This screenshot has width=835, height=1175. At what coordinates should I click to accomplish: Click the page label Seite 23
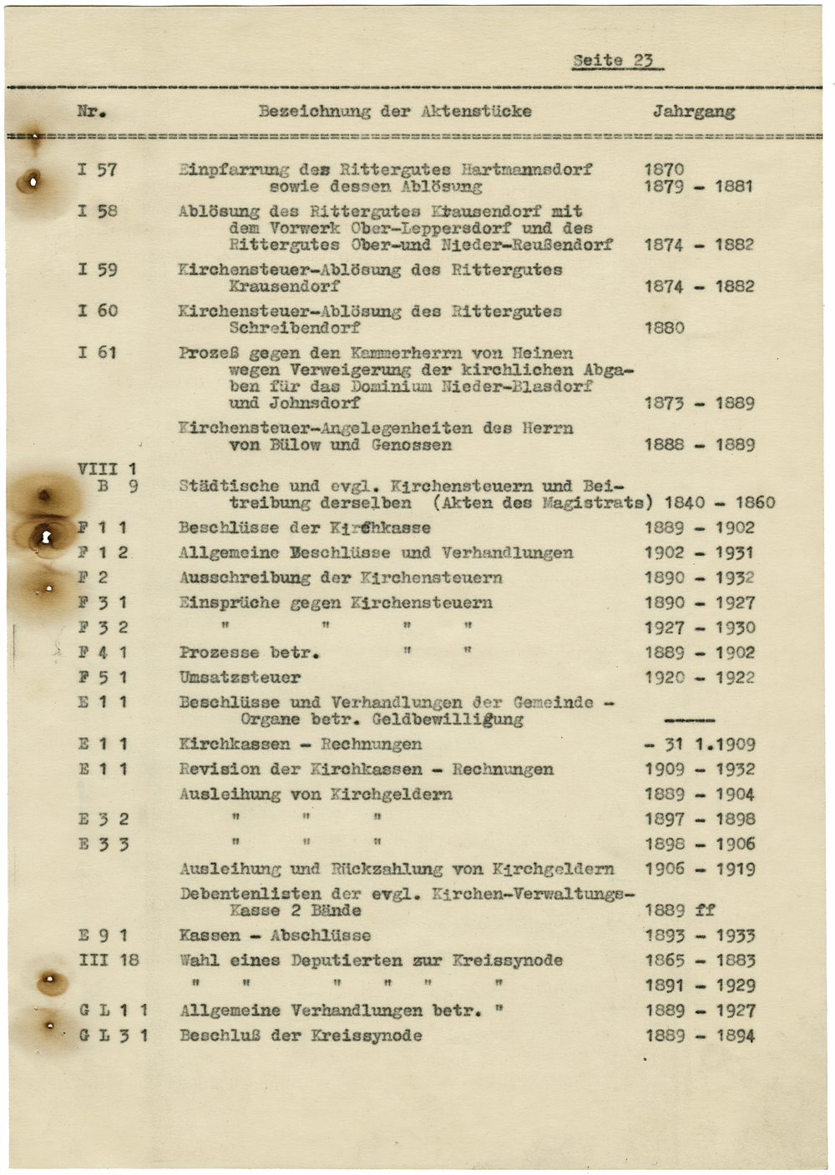pyautogui.click(x=613, y=60)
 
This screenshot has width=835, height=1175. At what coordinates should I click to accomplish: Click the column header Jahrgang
pyautogui.click(x=693, y=111)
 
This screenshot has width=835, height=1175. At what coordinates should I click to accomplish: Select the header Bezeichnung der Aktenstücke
pyautogui.click(x=394, y=111)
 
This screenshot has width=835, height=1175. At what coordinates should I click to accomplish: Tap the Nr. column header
pyautogui.click(x=91, y=111)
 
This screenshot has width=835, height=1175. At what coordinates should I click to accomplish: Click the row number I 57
pyautogui.click(x=98, y=169)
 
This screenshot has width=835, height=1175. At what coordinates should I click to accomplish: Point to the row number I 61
pyautogui.click(x=98, y=352)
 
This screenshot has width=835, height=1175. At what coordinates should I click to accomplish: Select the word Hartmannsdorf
pyautogui.click(x=526, y=169)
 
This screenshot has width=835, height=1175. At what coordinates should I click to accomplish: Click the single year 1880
pyautogui.click(x=664, y=328)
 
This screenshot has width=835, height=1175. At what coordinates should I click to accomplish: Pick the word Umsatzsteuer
pyautogui.click(x=240, y=678)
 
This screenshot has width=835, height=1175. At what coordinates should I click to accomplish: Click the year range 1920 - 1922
pyautogui.click(x=699, y=678)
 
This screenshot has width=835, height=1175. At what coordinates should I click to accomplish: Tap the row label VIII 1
pyautogui.click(x=107, y=469)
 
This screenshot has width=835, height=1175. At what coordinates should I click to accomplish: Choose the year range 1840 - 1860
pyautogui.click(x=719, y=502)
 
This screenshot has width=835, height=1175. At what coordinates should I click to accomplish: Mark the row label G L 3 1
pyautogui.click(x=114, y=1036)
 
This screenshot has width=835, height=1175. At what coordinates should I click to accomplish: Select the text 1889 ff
pyautogui.click(x=680, y=910)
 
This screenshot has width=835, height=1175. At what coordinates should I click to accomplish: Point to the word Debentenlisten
pyautogui.click(x=250, y=894)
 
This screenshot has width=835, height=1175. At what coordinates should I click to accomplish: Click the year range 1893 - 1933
pyautogui.click(x=699, y=935)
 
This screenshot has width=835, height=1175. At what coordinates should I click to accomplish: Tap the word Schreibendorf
pyautogui.click(x=294, y=328)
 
